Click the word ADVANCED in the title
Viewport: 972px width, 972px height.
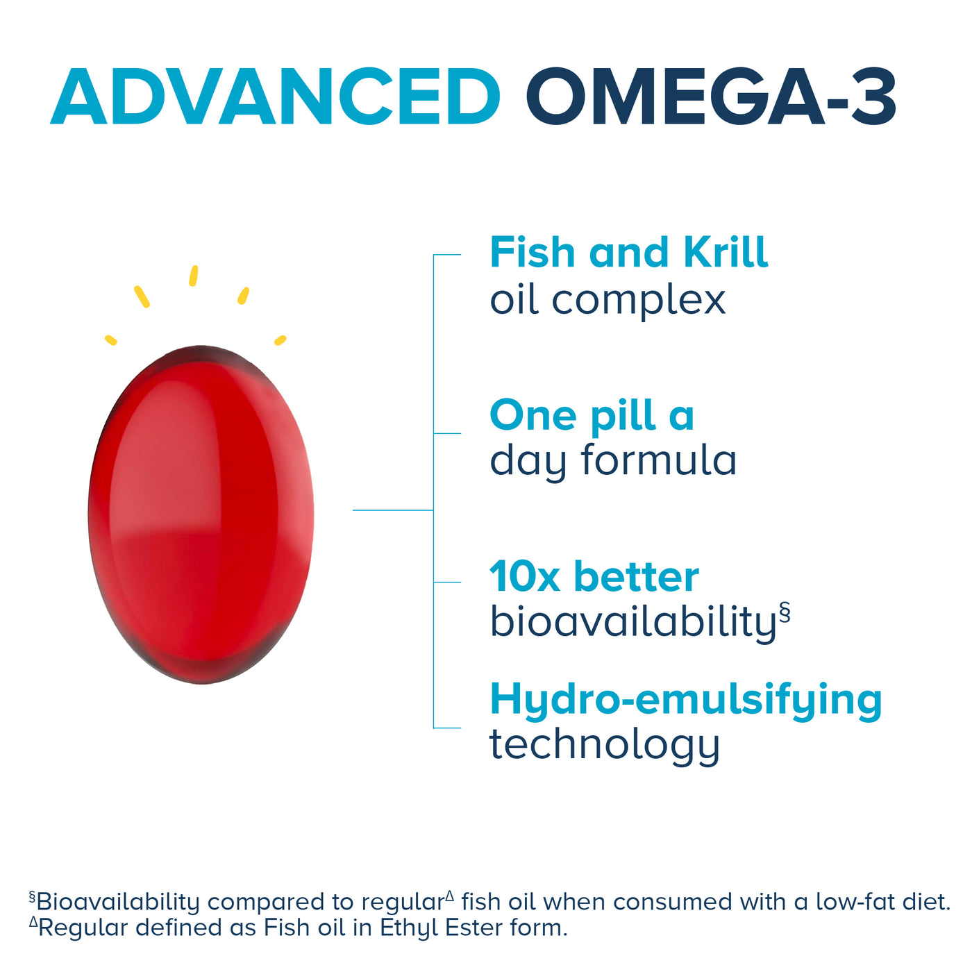276,98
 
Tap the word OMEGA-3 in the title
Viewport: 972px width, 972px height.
710,98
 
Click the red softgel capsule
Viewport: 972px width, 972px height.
201,514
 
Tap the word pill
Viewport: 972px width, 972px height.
623,417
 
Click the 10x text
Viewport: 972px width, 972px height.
524,577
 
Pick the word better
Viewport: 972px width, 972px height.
637,577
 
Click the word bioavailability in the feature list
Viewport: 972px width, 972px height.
632,621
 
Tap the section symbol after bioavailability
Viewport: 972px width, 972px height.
785,612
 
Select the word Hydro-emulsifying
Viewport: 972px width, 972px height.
685,699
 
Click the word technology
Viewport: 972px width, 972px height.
604,745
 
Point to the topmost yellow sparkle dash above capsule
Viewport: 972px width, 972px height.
194,276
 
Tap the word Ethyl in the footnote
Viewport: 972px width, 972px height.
410,928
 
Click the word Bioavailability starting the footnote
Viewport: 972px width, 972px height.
118,902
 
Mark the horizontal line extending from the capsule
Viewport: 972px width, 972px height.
392,510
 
